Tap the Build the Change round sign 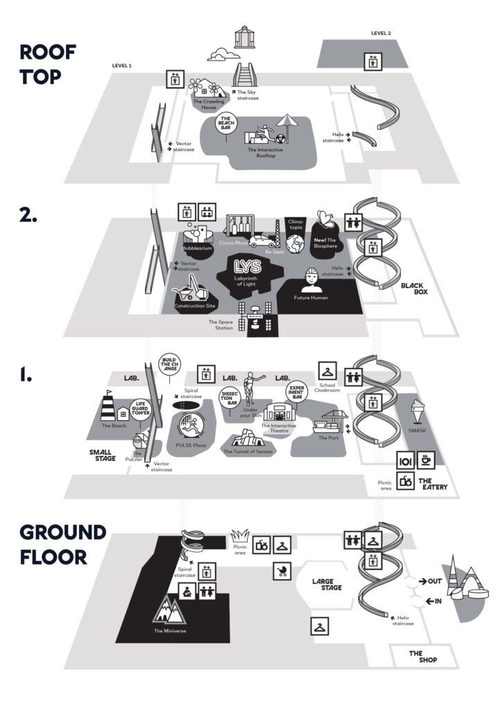170,365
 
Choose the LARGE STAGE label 328,585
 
